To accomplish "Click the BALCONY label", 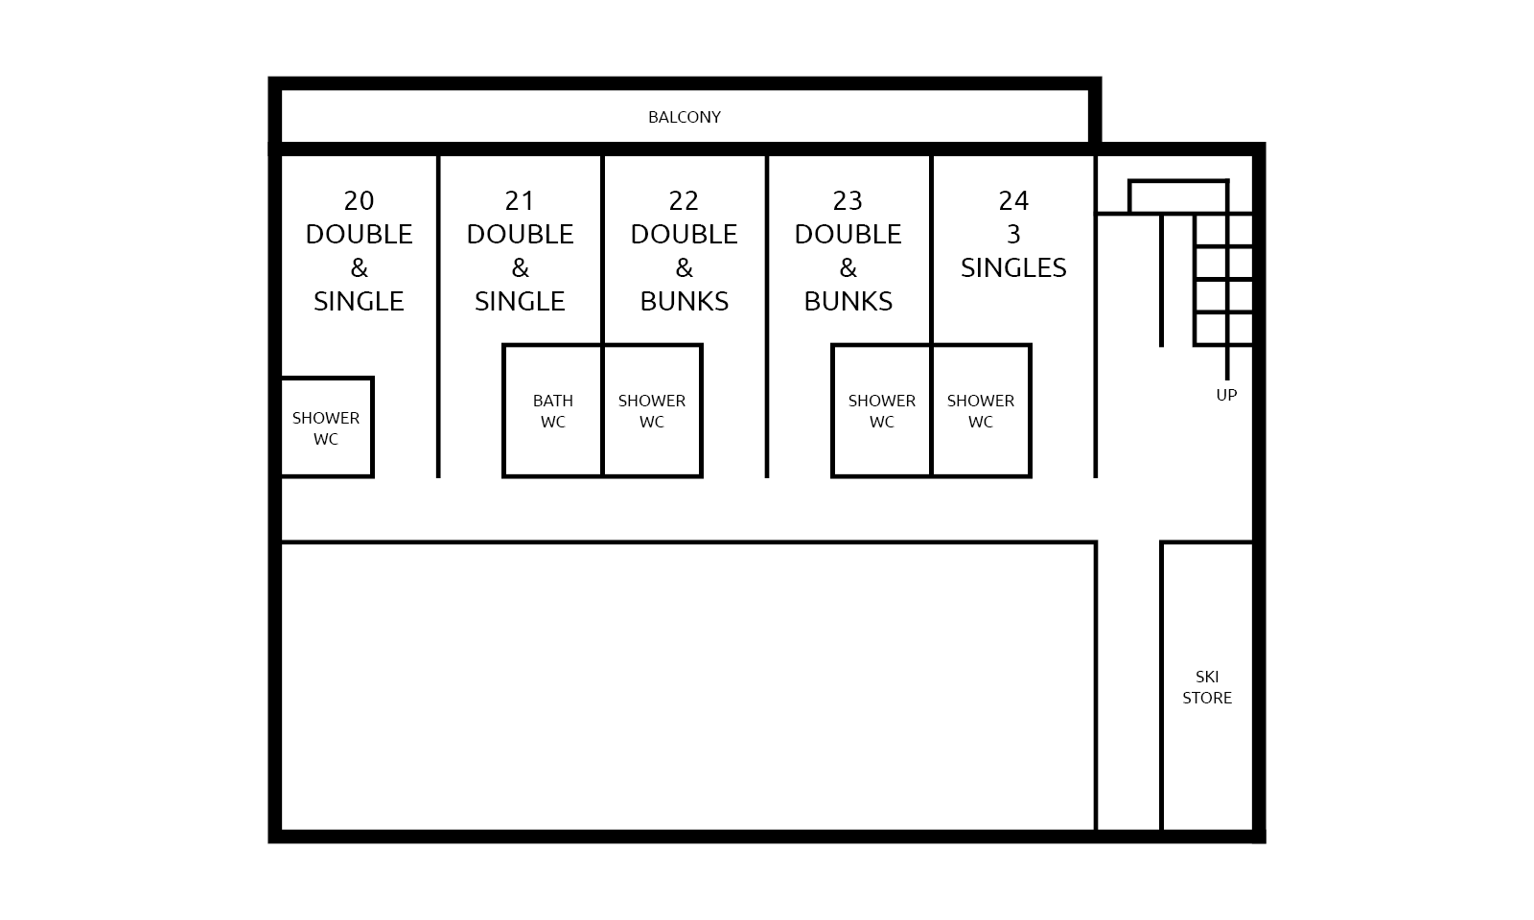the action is pos(685,117).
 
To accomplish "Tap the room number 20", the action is pos(359,200).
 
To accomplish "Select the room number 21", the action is pos(520,200).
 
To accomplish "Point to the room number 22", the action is pos(684,200).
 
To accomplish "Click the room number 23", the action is pos(848,200).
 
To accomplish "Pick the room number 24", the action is pos(1013,200).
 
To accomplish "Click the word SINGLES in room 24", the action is pos(1013,267).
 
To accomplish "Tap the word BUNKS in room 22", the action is pos(685,301).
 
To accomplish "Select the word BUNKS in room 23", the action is pos(848,301).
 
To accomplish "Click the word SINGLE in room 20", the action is pos(359,301).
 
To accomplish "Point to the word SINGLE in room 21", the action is pos(520,301).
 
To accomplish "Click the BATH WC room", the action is pos(552,411).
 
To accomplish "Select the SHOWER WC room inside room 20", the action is pos(327,427).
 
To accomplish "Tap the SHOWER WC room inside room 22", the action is pos(652,411).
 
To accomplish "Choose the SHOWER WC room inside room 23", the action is pos(881,411).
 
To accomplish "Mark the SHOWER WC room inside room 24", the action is pos(981,411).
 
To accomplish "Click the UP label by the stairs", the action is pos(1226,395).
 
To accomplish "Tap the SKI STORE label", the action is pos(1207,687).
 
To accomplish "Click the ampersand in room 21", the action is pos(520,267).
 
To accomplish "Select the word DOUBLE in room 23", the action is pos(848,234).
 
